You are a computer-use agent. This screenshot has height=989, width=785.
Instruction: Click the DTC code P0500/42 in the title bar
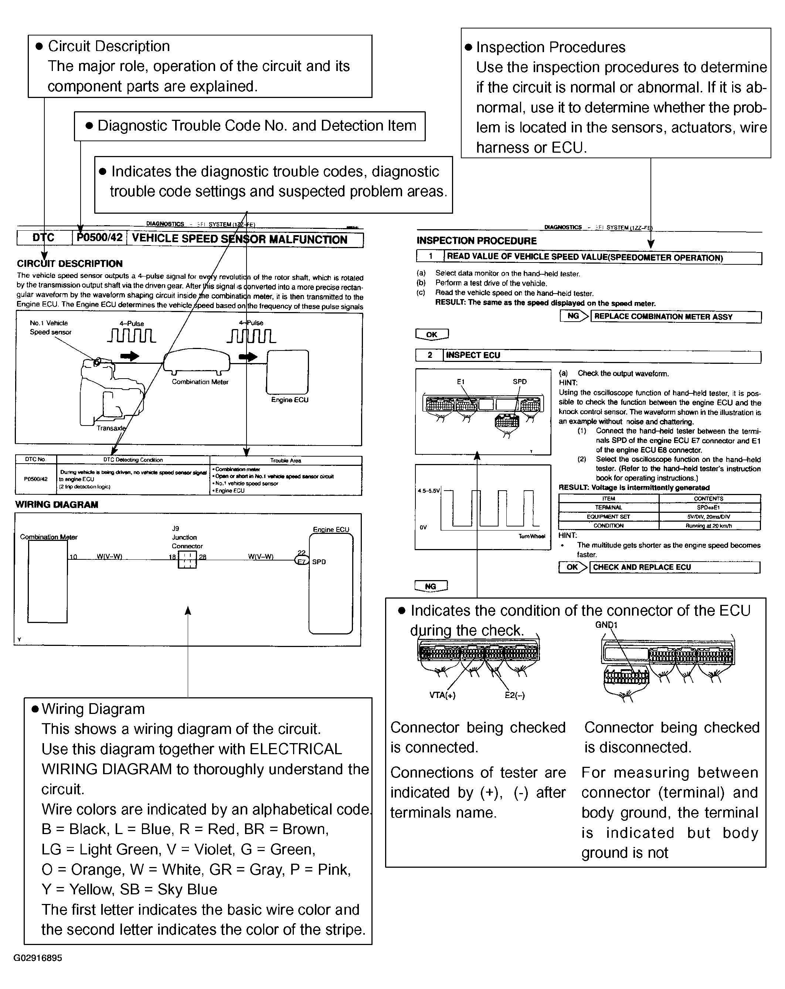(x=99, y=238)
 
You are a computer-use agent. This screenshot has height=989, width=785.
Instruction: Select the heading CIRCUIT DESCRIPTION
(x=70, y=263)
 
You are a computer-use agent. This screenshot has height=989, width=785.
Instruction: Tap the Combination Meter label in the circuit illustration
(x=200, y=382)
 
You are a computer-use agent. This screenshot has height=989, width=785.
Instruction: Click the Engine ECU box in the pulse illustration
(x=288, y=372)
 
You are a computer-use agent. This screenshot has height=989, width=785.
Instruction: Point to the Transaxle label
(x=111, y=428)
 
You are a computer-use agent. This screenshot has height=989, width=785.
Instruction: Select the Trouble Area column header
(x=285, y=460)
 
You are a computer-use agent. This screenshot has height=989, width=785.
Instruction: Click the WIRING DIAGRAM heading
(x=57, y=505)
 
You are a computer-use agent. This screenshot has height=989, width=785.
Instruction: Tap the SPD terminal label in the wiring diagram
(x=319, y=562)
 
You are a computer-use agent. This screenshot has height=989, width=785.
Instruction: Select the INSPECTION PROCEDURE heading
(x=476, y=241)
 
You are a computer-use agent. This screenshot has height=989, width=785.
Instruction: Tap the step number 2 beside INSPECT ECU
(x=429, y=355)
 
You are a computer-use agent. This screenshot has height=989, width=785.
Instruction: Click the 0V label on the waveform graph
(x=423, y=528)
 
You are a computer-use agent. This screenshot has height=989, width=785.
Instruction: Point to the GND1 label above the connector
(x=606, y=625)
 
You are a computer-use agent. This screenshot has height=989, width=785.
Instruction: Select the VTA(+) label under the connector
(x=442, y=695)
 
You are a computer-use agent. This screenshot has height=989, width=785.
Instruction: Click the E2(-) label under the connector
(x=514, y=695)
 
